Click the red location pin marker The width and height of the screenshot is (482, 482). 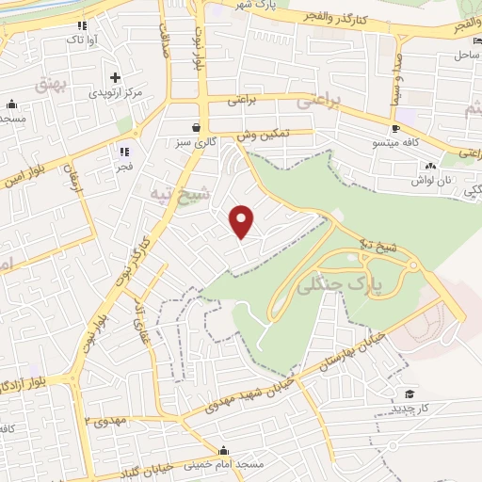click(x=243, y=222)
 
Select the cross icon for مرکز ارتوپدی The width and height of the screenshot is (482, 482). click(x=115, y=77)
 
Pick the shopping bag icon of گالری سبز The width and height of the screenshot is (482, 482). click(x=195, y=127)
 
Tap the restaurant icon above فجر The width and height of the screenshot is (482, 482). click(x=123, y=151)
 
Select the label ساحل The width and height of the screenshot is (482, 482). click(x=467, y=56)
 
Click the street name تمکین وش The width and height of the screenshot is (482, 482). click(x=261, y=136)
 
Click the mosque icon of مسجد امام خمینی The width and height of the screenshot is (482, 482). click(x=223, y=449)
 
